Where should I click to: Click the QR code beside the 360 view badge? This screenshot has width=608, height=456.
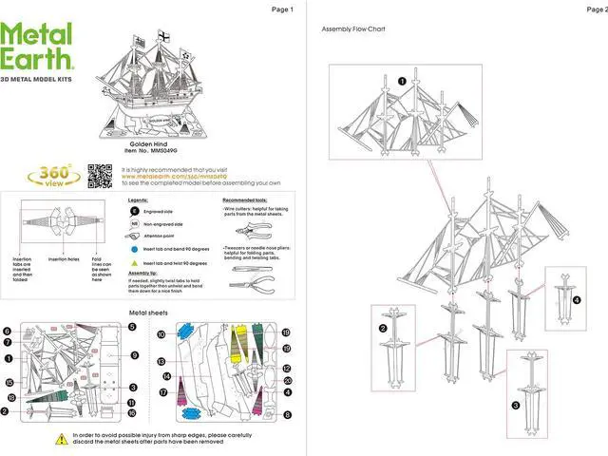100,175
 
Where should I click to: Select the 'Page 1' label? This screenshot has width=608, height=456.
282,9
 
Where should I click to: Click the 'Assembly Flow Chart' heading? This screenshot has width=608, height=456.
353,29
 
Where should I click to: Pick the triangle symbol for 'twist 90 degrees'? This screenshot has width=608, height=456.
134,261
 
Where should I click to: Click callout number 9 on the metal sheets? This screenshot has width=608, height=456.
135,355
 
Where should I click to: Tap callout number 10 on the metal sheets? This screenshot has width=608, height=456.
161,334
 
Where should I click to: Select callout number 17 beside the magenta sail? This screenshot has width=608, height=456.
163,391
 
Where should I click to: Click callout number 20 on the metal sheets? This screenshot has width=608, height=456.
286,380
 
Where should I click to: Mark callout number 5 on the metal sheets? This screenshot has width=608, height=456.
132,327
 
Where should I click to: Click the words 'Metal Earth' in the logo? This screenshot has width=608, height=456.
38,47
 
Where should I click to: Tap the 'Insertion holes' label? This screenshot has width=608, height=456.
63,258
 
